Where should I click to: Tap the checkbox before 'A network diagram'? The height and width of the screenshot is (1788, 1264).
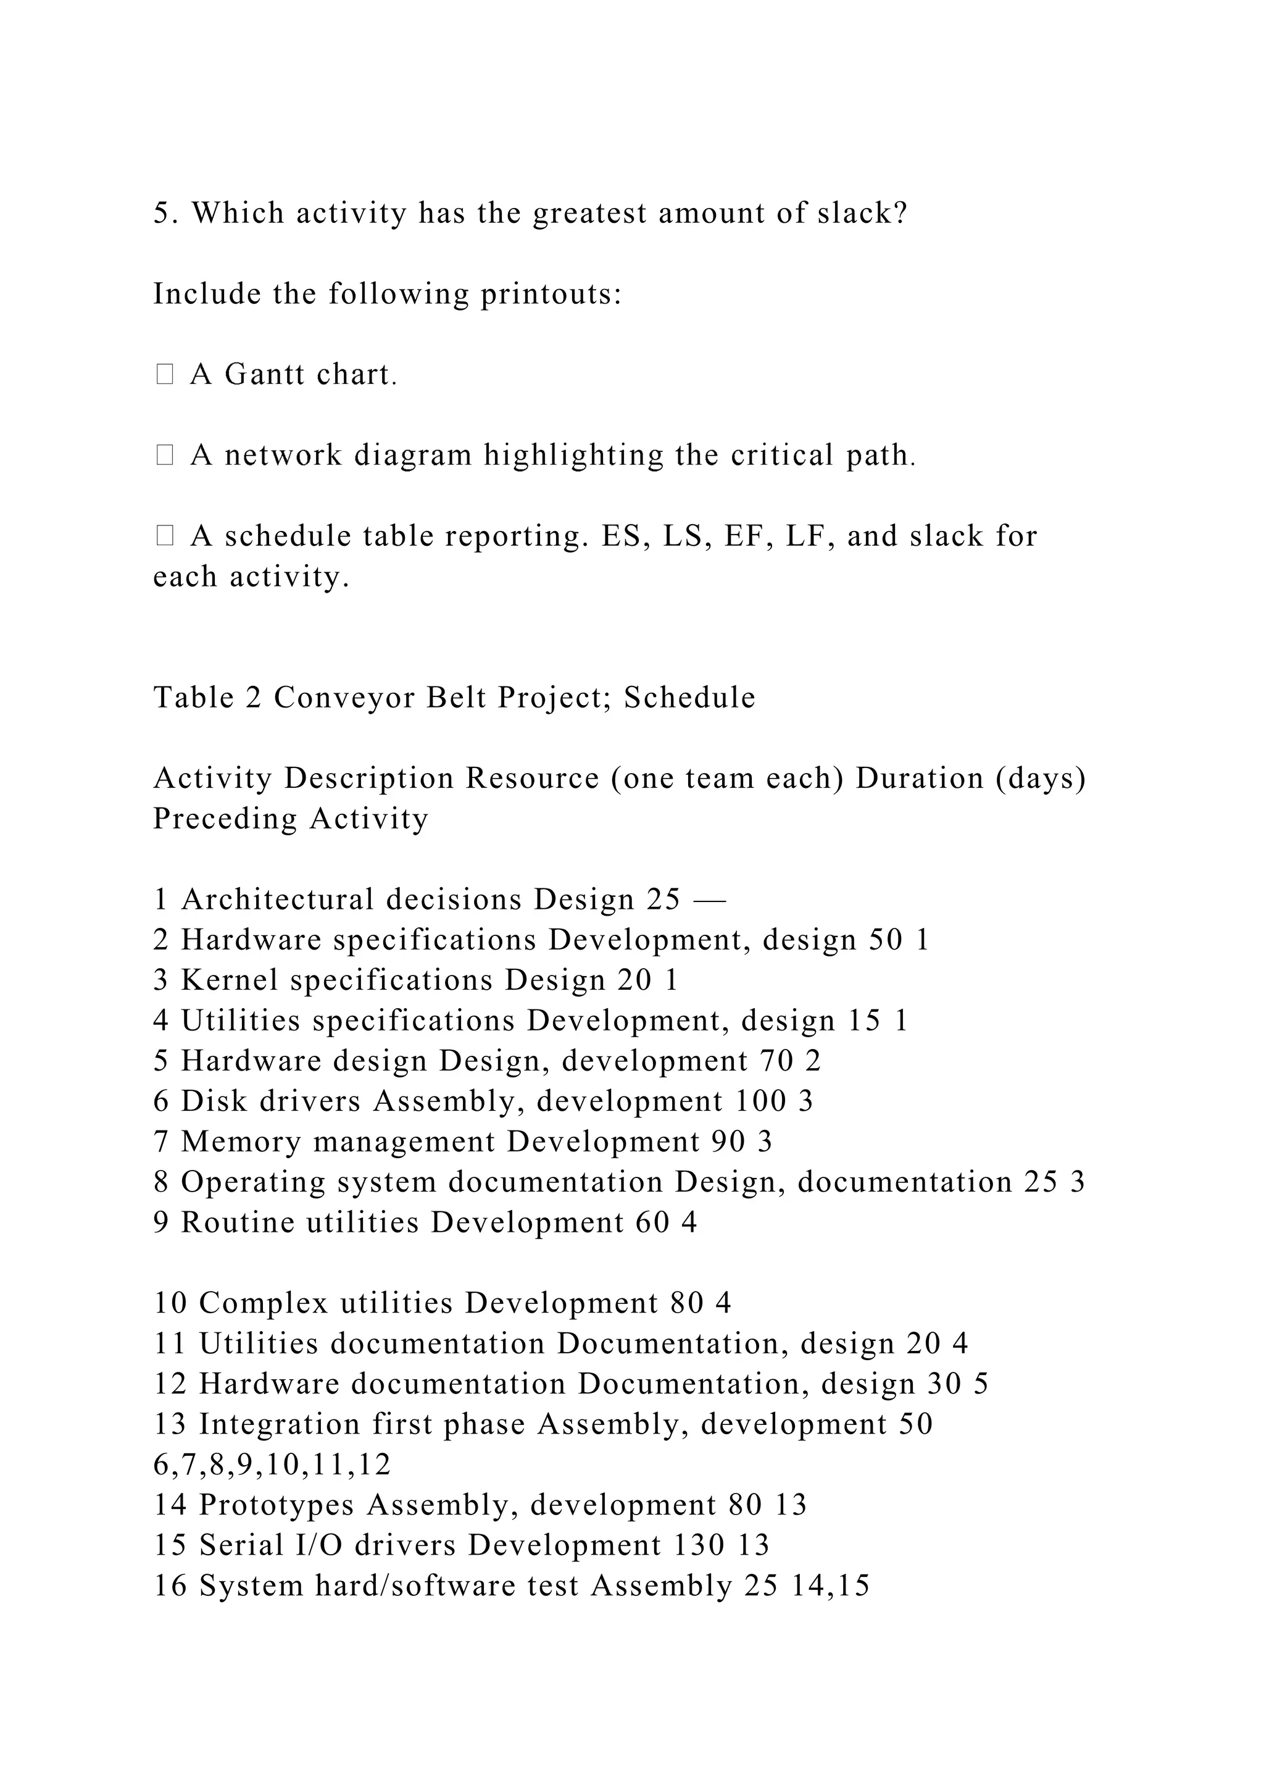pos(164,455)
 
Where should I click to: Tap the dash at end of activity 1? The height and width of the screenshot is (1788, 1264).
pos(709,901)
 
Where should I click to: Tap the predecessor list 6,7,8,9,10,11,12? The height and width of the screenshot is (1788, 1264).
pos(272,1465)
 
